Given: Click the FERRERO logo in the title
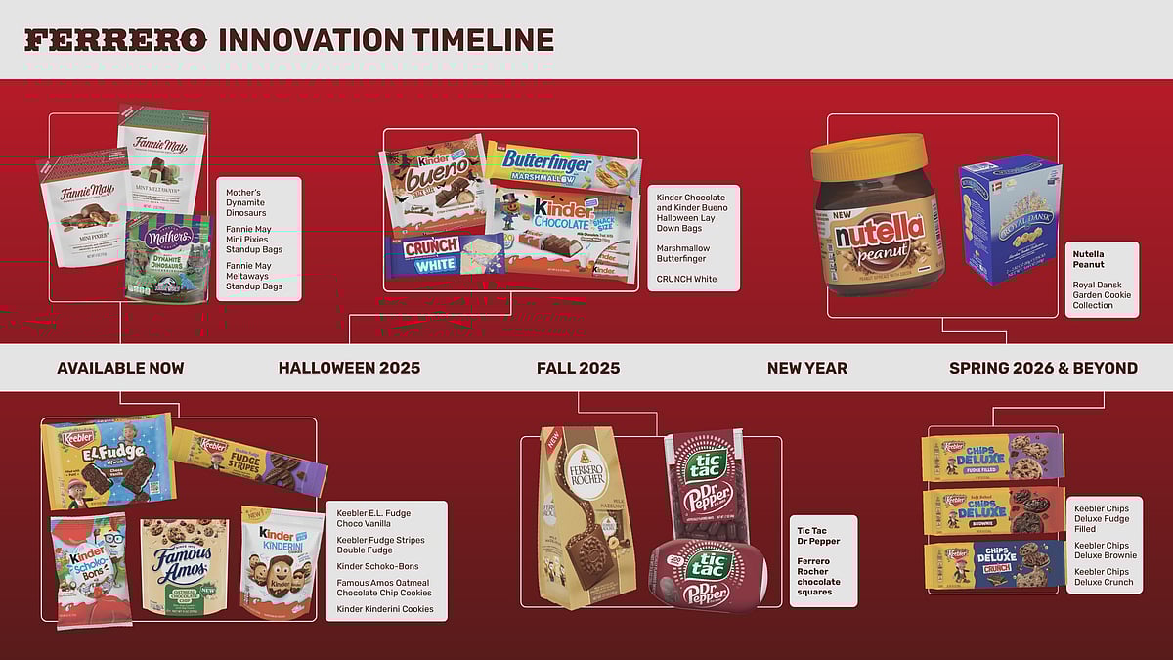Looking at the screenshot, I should click(x=115, y=40).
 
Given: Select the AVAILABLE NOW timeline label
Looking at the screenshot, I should click(x=120, y=368).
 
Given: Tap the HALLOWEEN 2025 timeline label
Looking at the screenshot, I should click(x=349, y=368).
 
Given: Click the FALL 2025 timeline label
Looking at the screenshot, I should click(x=578, y=368).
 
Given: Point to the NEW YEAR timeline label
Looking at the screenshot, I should click(x=806, y=368).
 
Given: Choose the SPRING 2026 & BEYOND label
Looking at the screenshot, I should click(x=1043, y=368).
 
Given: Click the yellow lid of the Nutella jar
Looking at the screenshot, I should click(x=868, y=157).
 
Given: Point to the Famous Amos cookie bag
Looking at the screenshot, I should click(x=185, y=566).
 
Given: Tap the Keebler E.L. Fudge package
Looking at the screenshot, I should click(x=109, y=461).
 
